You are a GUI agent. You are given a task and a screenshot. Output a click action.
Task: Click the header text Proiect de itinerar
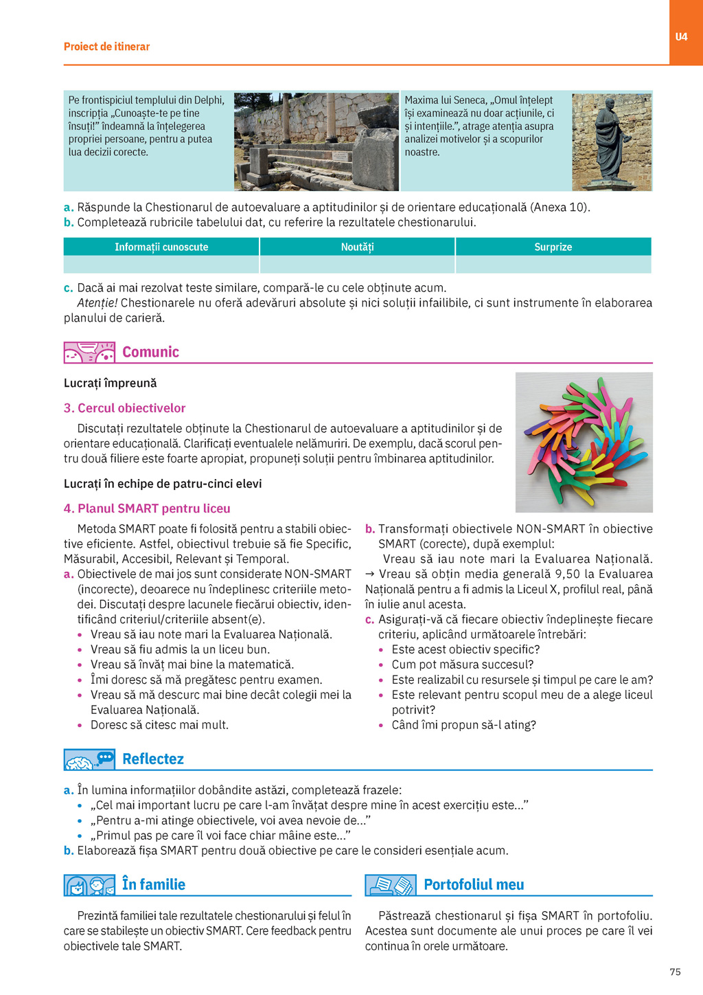pos(106,47)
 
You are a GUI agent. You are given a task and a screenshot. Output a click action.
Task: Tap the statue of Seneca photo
pos(612,142)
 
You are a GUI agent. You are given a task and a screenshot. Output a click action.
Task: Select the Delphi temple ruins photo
pos(316,142)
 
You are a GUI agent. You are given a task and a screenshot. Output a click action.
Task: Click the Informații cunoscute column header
pos(161,247)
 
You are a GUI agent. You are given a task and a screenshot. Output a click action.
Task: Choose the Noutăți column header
pos(357,247)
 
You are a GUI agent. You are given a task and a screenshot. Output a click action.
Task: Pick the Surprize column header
pos(553,247)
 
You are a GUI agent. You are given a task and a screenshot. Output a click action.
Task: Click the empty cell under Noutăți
pos(357,265)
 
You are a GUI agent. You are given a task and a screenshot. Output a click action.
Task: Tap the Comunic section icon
pos(89,353)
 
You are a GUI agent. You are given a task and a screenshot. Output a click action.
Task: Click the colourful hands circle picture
pos(584,442)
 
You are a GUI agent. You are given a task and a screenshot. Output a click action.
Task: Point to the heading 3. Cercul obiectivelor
pos(124,408)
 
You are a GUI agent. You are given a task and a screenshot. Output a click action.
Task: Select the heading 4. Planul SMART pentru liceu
pos(147,508)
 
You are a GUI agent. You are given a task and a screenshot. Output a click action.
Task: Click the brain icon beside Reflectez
pos(89,759)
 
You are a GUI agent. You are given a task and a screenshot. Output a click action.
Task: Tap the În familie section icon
pos(89,885)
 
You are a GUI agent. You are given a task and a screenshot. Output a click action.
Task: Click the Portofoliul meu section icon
pos(391,885)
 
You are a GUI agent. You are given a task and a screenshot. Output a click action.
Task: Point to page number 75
pos(675,972)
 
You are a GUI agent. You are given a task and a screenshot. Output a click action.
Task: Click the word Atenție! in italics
pos(97,303)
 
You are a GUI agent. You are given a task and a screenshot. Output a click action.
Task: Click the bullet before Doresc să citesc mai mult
pos(80,726)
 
